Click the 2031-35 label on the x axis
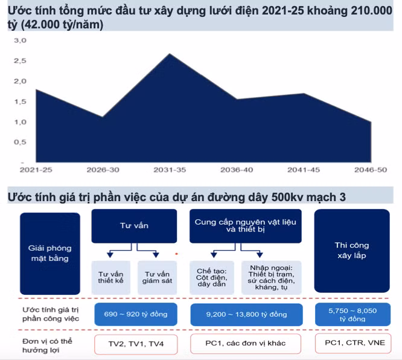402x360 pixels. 170,170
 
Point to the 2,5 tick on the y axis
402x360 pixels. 20,61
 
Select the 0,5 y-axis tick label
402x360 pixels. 20,143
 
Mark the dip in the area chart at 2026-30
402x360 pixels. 103,117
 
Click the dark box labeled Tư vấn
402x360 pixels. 134,226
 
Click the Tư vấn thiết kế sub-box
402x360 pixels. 110,277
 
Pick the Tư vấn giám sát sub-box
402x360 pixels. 157,277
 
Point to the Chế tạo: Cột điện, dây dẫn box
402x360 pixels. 211,277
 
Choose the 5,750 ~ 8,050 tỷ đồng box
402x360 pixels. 353,314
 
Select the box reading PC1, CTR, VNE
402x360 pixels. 353,344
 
